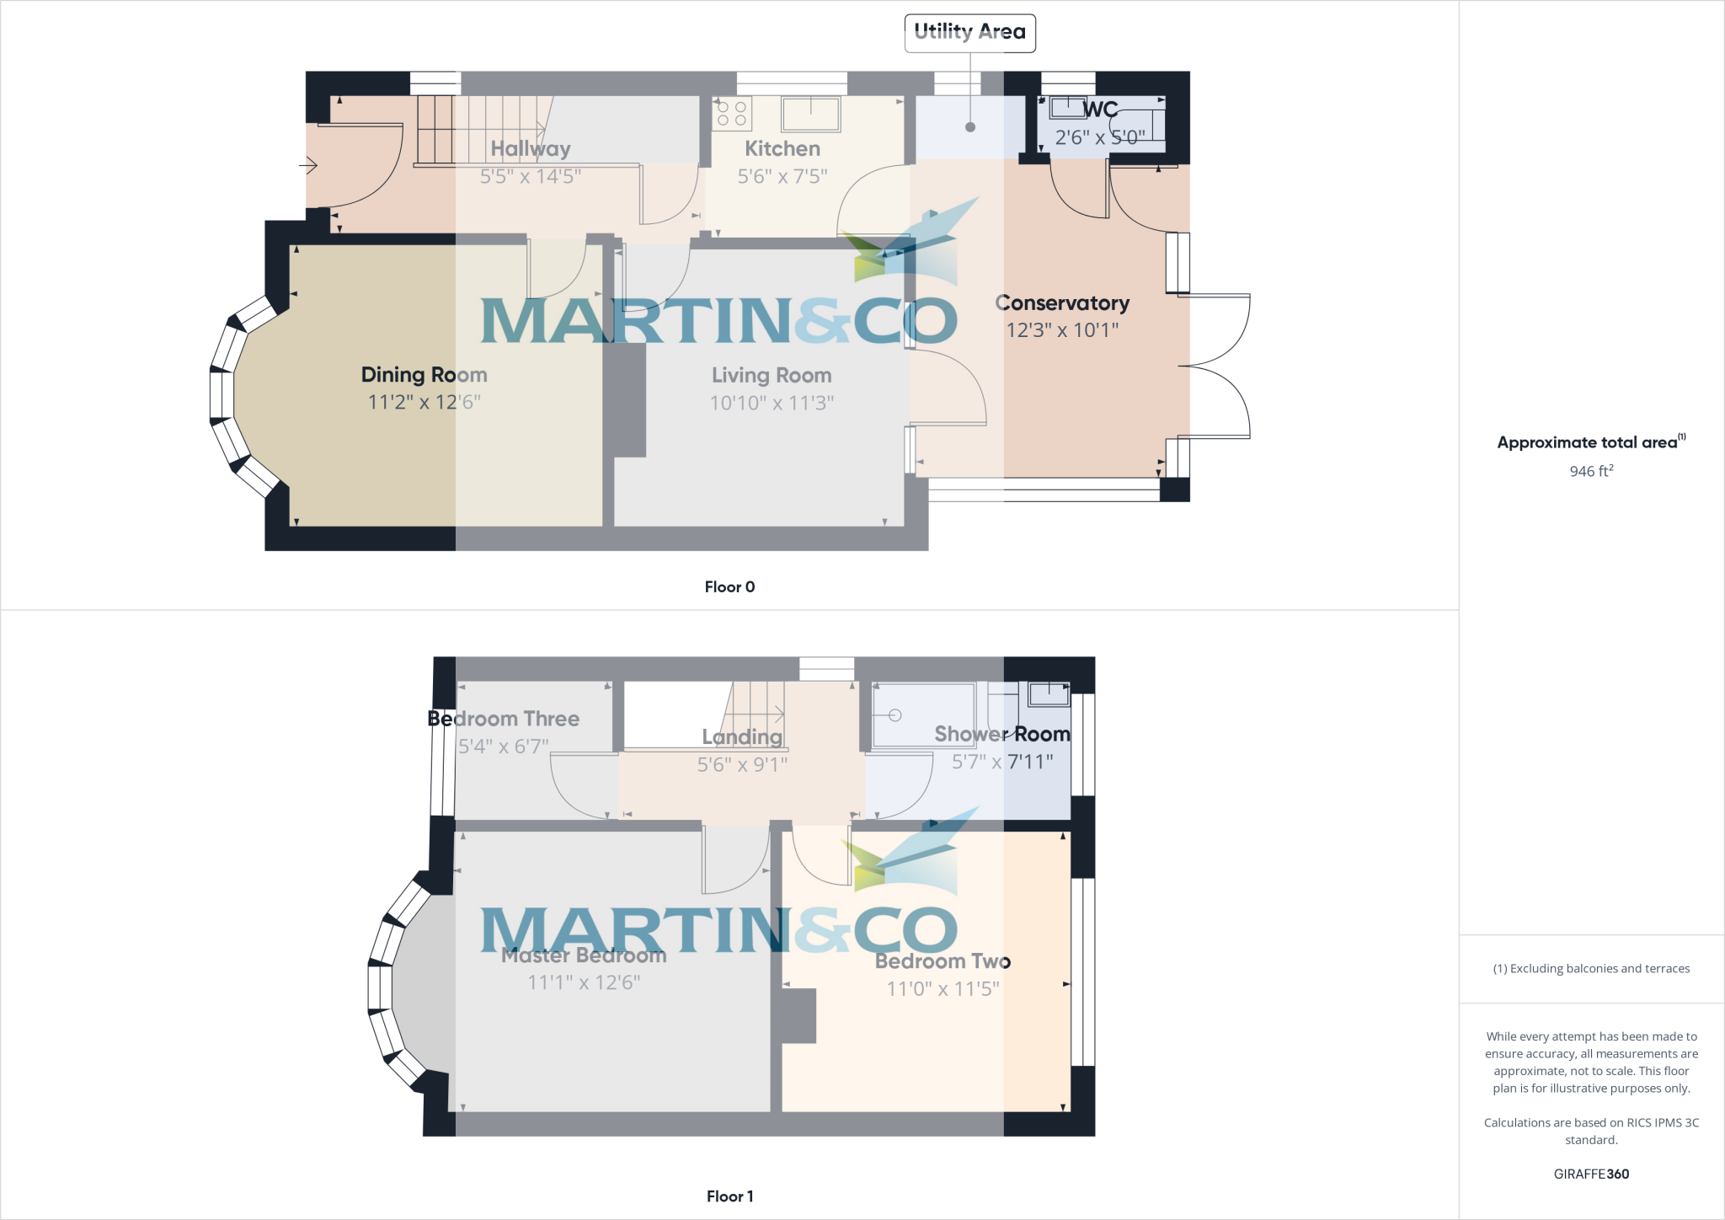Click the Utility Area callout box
tap(969, 33)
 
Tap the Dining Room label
tap(424, 375)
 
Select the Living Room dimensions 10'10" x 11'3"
tap(772, 403)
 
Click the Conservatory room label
tap(1062, 303)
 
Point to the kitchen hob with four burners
tap(731, 114)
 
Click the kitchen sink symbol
tap(810, 114)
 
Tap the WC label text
tap(1101, 110)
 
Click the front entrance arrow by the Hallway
tap(308, 166)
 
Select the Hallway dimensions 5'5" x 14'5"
tap(531, 177)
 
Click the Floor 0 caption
tap(729, 587)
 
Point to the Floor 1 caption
tap(729, 1196)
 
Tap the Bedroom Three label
tap(504, 719)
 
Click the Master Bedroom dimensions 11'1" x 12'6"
tap(584, 982)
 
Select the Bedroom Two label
tap(943, 961)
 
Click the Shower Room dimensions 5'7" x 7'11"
tap(1002, 762)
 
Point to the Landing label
tap(742, 737)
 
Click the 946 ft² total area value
tap(1591, 471)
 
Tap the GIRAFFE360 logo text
tap(1591, 1174)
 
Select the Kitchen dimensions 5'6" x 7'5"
tap(782, 177)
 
